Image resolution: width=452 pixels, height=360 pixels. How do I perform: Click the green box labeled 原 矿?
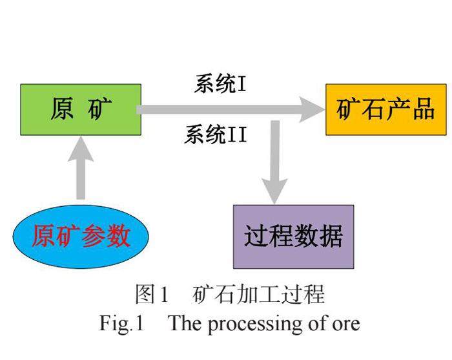pos(81,110)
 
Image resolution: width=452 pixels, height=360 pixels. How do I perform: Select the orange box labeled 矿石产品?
pos(386,110)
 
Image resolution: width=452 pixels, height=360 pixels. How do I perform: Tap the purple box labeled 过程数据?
pos(293,237)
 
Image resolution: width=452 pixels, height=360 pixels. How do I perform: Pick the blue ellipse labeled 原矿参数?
pos(81,237)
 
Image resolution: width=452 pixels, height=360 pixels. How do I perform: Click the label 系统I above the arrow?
pos(220,84)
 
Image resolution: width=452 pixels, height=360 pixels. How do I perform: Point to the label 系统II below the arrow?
pos(216,134)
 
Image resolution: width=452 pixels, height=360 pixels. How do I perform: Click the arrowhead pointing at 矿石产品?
pos(312,110)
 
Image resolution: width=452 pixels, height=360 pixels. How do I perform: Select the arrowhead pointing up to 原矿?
pos(81,149)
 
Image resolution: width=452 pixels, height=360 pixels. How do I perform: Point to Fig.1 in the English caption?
pos(121,323)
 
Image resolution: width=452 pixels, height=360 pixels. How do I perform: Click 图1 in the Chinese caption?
pos(152,293)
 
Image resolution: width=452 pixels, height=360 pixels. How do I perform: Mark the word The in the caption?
pos(185,323)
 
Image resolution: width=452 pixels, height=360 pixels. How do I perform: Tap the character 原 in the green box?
pos(62,109)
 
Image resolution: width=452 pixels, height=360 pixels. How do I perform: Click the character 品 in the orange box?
pos(424,109)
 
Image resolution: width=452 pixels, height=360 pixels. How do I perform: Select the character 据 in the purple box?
pos(331,236)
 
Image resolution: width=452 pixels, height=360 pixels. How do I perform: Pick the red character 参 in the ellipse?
pos(94,236)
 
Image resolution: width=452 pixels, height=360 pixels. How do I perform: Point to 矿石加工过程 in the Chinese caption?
pos(258,293)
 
